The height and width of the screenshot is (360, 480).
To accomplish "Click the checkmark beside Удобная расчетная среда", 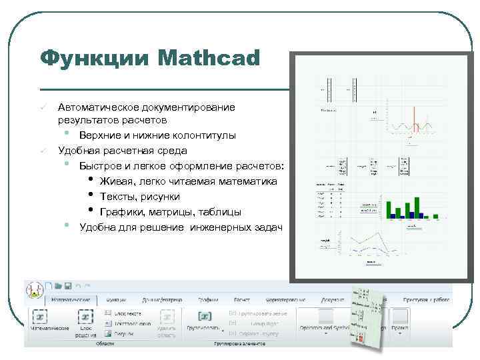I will (41, 151).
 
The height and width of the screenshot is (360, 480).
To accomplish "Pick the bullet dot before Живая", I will (91, 181).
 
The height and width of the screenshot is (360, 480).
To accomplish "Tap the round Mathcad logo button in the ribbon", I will (34, 289).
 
